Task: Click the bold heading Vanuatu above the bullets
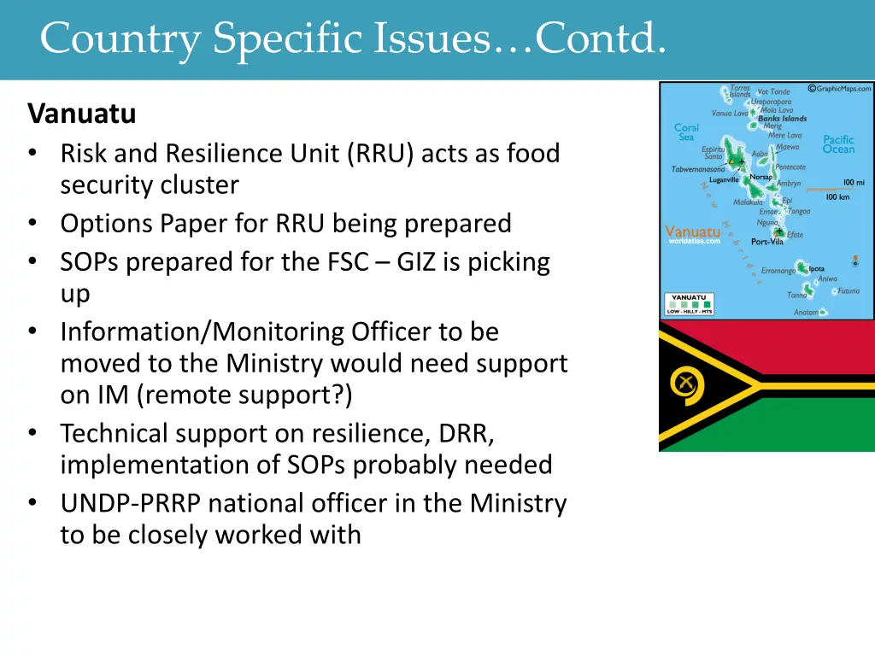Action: tap(81, 113)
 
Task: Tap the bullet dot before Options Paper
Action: tap(32, 224)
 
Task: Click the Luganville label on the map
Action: tap(725, 179)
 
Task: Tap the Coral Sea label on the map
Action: tap(686, 132)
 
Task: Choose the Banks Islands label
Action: tap(782, 119)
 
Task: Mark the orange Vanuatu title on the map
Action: tap(692, 231)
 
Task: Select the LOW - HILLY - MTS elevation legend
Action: tap(689, 303)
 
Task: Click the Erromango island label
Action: tap(778, 271)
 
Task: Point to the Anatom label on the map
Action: tap(806, 313)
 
